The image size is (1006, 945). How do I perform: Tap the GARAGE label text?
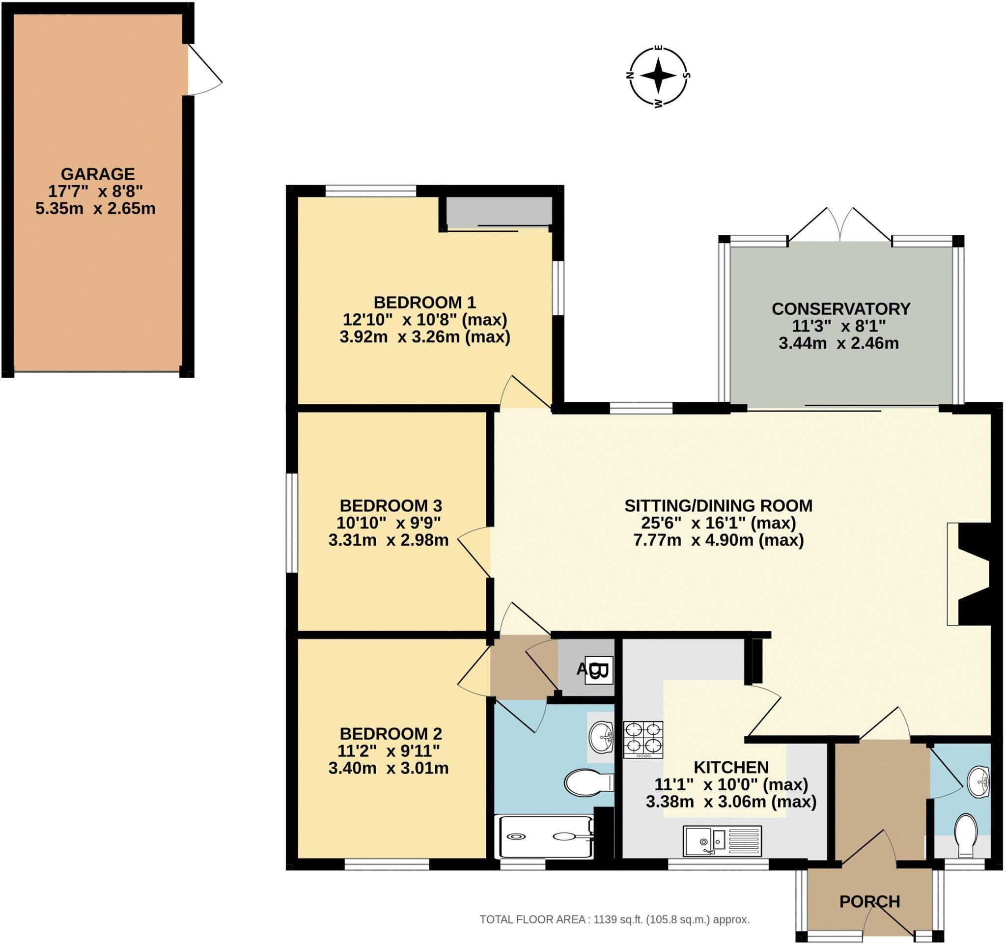[x=98, y=174]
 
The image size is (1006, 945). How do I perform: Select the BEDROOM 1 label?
[x=424, y=303]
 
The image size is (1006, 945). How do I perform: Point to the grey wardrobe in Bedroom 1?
[x=499, y=211]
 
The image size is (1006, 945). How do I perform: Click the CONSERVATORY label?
[x=840, y=308]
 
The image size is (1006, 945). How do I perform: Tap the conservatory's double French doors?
[x=840, y=225]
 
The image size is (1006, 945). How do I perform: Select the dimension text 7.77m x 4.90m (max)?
[x=719, y=540]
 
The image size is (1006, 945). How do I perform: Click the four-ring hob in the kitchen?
[x=643, y=740]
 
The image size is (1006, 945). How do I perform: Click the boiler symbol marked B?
[x=599, y=671]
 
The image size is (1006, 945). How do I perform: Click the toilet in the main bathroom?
[x=587, y=783]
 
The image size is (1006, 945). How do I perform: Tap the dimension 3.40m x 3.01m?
[x=388, y=768]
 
